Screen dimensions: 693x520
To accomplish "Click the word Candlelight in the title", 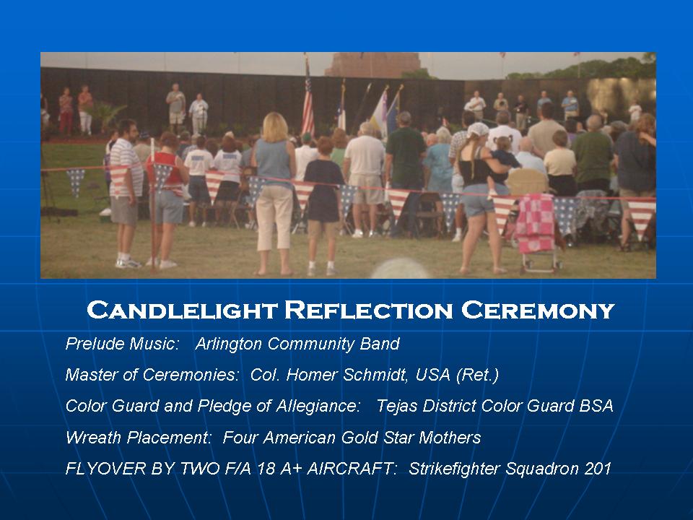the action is click(x=182, y=310).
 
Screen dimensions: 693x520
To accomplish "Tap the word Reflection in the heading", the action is click(x=369, y=310).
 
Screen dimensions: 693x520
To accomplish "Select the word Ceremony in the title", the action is click(x=538, y=310).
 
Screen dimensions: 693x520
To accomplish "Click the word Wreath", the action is click(x=92, y=438).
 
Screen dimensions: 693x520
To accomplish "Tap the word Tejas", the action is click(x=397, y=406).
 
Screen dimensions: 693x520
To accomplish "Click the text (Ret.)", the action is click(x=478, y=375).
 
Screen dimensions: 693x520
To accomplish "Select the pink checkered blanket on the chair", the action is click(x=535, y=222).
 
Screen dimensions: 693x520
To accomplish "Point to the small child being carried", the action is click(x=502, y=161).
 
